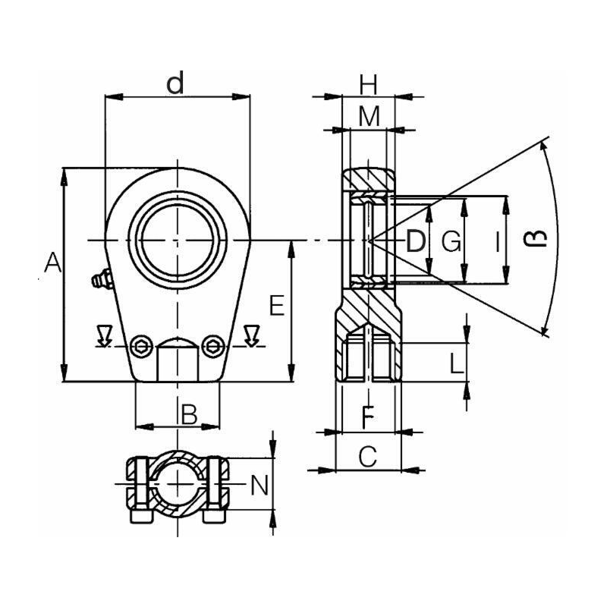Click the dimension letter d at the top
(175, 84)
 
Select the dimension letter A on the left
(52, 262)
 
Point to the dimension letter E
(277, 306)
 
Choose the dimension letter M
(369, 117)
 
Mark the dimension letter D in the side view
(415, 241)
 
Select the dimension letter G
(451, 241)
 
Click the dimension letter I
(498, 241)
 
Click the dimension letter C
(368, 457)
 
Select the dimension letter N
(259, 486)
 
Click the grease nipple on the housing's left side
(102, 279)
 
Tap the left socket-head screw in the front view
(140, 346)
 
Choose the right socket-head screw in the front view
(213, 346)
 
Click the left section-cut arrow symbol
(104, 335)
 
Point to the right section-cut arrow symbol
(252, 335)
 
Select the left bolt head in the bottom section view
(140, 516)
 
